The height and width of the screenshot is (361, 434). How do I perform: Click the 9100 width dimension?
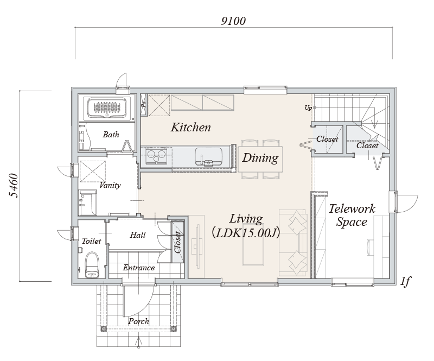[233, 21]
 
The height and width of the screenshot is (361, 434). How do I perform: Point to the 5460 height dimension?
[14, 185]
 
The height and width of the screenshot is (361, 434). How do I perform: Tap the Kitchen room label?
[191, 127]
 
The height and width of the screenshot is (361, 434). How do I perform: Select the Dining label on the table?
[260, 158]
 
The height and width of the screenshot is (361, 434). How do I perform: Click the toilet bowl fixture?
[92, 265]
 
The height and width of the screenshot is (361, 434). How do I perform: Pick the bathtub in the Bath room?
[107, 107]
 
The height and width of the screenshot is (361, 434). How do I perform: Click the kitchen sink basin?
[208, 156]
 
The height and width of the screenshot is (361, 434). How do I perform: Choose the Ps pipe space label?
[143, 104]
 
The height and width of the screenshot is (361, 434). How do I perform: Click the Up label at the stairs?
[308, 108]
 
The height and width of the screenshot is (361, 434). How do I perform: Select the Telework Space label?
[352, 216]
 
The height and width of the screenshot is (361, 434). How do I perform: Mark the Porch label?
[139, 321]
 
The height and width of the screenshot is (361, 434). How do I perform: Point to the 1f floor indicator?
[405, 282]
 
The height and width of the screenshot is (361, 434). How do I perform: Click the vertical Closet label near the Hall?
[178, 242]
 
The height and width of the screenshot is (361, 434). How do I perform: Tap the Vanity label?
[110, 185]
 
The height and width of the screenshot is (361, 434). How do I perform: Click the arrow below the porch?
[139, 342]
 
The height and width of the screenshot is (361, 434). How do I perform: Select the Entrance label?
[139, 268]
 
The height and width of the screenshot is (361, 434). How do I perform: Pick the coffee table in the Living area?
[253, 251]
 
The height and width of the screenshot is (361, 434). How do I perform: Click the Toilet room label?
[91, 241]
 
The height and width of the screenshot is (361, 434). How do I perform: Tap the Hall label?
[138, 235]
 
